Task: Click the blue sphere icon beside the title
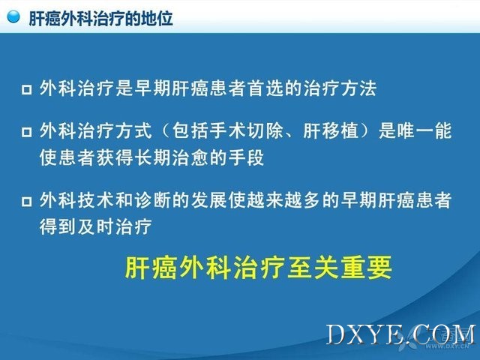[x=13, y=16]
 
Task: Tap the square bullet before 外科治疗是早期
[x=27, y=90]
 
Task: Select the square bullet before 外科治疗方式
[x=27, y=132]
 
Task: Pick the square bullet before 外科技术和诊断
[x=27, y=202]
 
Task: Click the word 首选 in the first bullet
[x=265, y=88]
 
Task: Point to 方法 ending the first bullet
[x=358, y=88]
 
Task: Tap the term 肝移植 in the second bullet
[x=331, y=130]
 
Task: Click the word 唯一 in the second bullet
[x=415, y=130]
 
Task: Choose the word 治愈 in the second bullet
[x=190, y=158]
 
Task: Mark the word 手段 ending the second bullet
[x=247, y=158]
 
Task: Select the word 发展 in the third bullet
[x=209, y=200]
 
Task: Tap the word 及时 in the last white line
[x=96, y=227]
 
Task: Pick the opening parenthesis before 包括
[x=165, y=130]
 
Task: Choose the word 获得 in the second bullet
[x=115, y=158]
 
